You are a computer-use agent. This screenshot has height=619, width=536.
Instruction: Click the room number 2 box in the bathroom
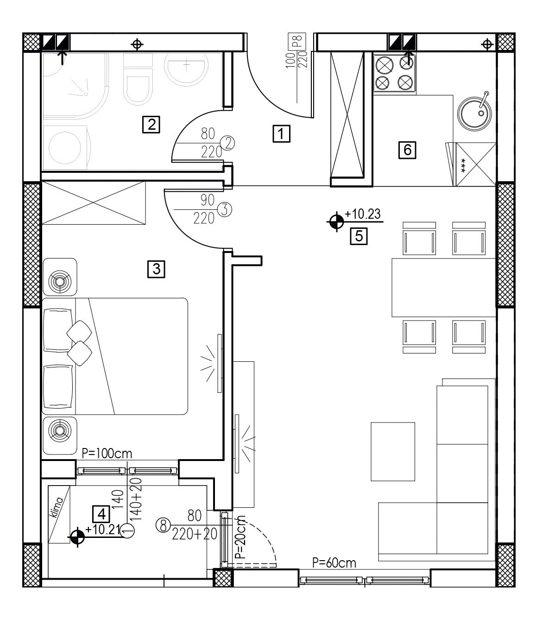(x=151, y=124)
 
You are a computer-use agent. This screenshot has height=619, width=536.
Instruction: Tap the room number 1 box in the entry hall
(x=281, y=133)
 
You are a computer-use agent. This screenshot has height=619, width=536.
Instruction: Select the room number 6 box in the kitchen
(x=407, y=150)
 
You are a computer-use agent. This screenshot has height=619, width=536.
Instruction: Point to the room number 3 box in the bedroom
(x=156, y=269)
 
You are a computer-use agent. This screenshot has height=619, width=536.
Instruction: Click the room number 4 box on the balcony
(x=101, y=514)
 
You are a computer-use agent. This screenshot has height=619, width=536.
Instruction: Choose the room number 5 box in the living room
(x=359, y=236)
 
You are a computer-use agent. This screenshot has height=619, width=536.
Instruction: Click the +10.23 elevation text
(x=363, y=214)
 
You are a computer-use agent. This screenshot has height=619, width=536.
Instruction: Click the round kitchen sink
(x=474, y=114)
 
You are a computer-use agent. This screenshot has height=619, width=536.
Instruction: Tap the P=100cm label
(x=107, y=454)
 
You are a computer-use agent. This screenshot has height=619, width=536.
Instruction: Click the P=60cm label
(x=334, y=563)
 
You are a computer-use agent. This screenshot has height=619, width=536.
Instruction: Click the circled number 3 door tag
(x=225, y=209)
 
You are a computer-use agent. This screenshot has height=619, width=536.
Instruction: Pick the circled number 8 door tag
(x=163, y=525)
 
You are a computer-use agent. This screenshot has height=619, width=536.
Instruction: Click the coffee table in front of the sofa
(x=393, y=452)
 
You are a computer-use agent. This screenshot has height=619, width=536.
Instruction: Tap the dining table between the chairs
(x=444, y=287)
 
